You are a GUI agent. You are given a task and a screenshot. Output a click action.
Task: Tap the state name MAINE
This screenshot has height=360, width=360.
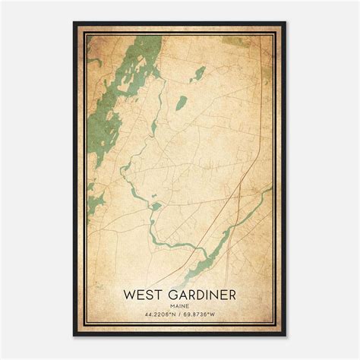tap(179, 305)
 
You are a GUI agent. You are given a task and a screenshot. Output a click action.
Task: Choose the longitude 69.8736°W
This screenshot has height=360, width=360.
tap(205, 314)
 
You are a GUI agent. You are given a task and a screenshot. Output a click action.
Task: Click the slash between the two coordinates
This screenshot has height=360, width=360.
tap(180, 314)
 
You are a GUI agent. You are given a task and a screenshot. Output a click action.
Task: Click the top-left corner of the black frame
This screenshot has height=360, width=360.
tap(74, 23)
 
